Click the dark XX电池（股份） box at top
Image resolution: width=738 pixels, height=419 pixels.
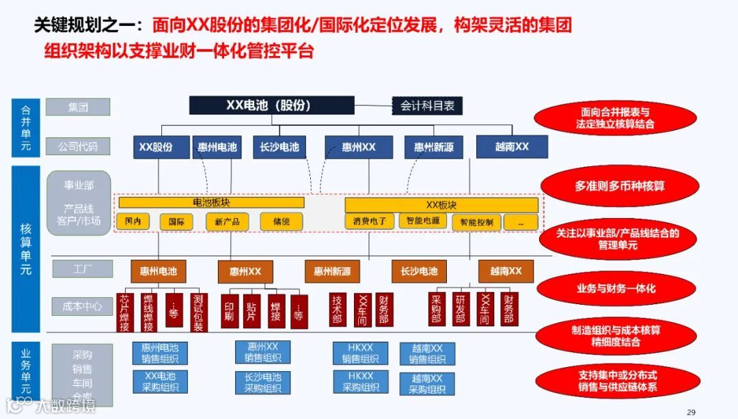click(271, 105)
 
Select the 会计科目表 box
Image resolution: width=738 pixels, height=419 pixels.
click(427, 106)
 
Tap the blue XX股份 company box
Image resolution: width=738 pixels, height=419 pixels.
click(156, 147)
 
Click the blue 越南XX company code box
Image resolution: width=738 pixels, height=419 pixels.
click(512, 146)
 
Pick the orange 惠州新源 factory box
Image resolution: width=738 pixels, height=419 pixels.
click(332, 271)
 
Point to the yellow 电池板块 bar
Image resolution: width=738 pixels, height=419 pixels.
click(211, 202)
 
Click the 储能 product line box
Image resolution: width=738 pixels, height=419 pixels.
click(281, 221)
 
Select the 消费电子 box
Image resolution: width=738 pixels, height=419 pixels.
click(370, 221)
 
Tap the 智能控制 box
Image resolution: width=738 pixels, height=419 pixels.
click(476, 222)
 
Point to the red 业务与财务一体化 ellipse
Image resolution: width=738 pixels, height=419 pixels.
click(616, 288)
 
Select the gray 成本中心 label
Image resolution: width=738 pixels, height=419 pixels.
click(82, 307)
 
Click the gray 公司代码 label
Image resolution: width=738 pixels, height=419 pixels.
click(78, 146)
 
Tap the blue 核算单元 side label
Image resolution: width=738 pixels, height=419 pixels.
click(26, 247)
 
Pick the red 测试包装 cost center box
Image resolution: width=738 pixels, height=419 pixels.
click(197, 312)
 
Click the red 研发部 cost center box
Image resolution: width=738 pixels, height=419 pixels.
click(461, 309)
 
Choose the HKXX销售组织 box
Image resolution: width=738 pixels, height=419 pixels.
click(360, 353)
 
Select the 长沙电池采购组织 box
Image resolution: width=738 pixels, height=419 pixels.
click(262, 383)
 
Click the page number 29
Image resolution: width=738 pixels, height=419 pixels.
click(691, 411)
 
